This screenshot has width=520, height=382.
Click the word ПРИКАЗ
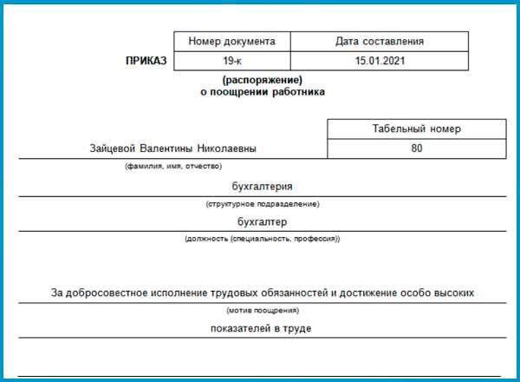pyautogui.click(x=148, y=62)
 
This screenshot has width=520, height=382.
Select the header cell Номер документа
pyautogui.click(x=232, y=42)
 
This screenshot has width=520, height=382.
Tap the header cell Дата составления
pyautogui.click(x=380, y=42)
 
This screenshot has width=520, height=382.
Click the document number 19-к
pyautogui.click(x=232, y=62)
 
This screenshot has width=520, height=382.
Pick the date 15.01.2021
pyautogui.click(x=380, y=62)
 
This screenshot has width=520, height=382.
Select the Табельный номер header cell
pyautogui.click(x=416, y=129)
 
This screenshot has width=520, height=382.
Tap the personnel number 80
pyautogui.click(x=416, y=149)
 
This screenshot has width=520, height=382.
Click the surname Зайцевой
pyautogui.click(x=114, y=149)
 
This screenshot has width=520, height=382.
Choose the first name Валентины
pyautogui.click(x=169, y=149)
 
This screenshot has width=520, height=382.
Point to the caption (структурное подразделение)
pyautogui.click(x=263, y=204)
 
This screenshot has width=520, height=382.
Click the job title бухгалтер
pyautogui.click(x=263, y=221)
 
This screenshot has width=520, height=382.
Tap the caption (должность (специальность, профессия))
pyautogui.click(x=263, y=239)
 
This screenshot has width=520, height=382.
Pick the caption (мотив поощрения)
pyautogui.click(x=263, y=310)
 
